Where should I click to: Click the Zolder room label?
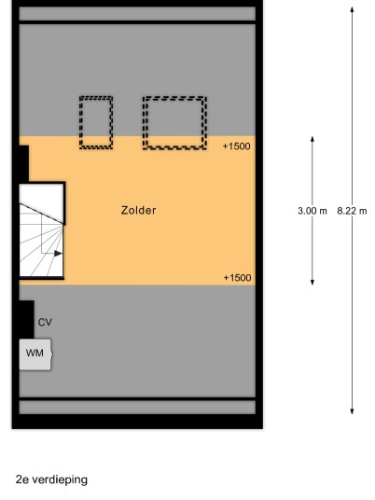click(138, 211)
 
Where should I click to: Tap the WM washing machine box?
click(35, 354)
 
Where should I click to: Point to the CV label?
click(45, 323)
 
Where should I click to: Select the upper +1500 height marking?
click(237, 146)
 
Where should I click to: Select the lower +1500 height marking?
click(237, 278)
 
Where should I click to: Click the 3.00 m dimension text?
click(312, 211)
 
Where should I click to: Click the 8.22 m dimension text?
click(352, 211)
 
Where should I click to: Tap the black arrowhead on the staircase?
click(58, 254)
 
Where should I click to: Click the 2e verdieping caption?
click(51, 479)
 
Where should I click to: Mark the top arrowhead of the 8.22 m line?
click(352, 9)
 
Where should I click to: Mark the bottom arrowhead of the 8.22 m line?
click(352, 411)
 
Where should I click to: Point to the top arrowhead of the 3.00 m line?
click(312, 139)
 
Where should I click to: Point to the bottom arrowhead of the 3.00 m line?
click(312, 283)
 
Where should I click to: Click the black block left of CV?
click(27, 319)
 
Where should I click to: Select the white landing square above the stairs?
click(41, 201)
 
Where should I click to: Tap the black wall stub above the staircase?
click(24, 163)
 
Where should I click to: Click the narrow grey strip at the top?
click(137, 14)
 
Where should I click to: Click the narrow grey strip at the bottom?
click(137, 408)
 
